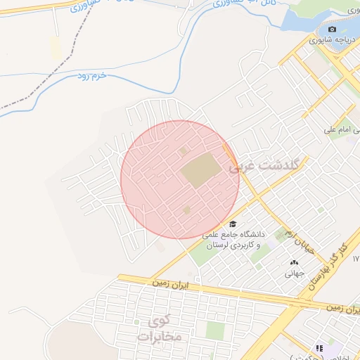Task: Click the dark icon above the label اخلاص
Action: pos(319,348)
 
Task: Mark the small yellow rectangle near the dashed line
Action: pos(56,47)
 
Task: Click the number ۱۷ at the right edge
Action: pos(356,259)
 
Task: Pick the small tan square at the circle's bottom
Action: pos(186,210)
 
